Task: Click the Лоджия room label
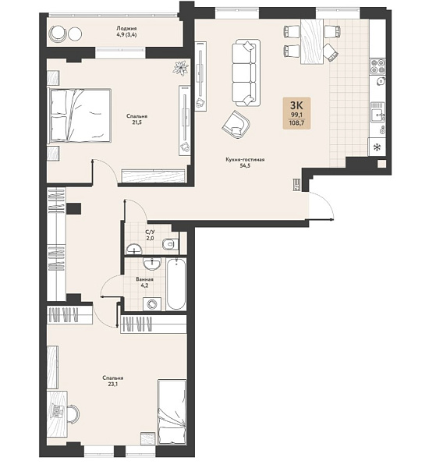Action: pyautogui.click(x=126, y=28)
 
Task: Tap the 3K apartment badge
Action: pyautogui.click(x=296, y=113)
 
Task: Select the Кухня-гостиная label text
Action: pyautogui.click(x=245, y=160)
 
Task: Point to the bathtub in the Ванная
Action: pyautogui.click(x=175, y=284)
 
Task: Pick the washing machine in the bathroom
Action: pyautogui.click(x=152, y=304)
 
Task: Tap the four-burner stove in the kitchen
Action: pyautogui.click(x=377, y=66)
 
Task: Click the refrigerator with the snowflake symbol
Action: pyautogui.click(x=377, y=147)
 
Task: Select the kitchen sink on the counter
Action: pyautogui.click(x=378, y=112)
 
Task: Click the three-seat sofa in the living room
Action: pyautogui.click(x=246, y=73)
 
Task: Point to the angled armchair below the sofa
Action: pyautogui.click(x=236, y=125)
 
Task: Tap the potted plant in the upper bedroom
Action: pyautogui.click(x=181, y=67)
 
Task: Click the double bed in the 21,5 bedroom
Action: pyautogui.click(x=79, y=115)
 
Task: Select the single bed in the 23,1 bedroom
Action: pyautogui.click(x=172, y=412)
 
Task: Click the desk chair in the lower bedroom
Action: pyautogui.click(x=74, y=413)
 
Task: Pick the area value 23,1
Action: pyautogui.click(x=113, y=384)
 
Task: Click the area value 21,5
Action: pyautogui.click(x=136, y=122)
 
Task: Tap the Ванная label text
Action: pyautogui.click(x=144, y=279)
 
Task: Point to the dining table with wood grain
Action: pyautogui.click(x=312, y=41)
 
